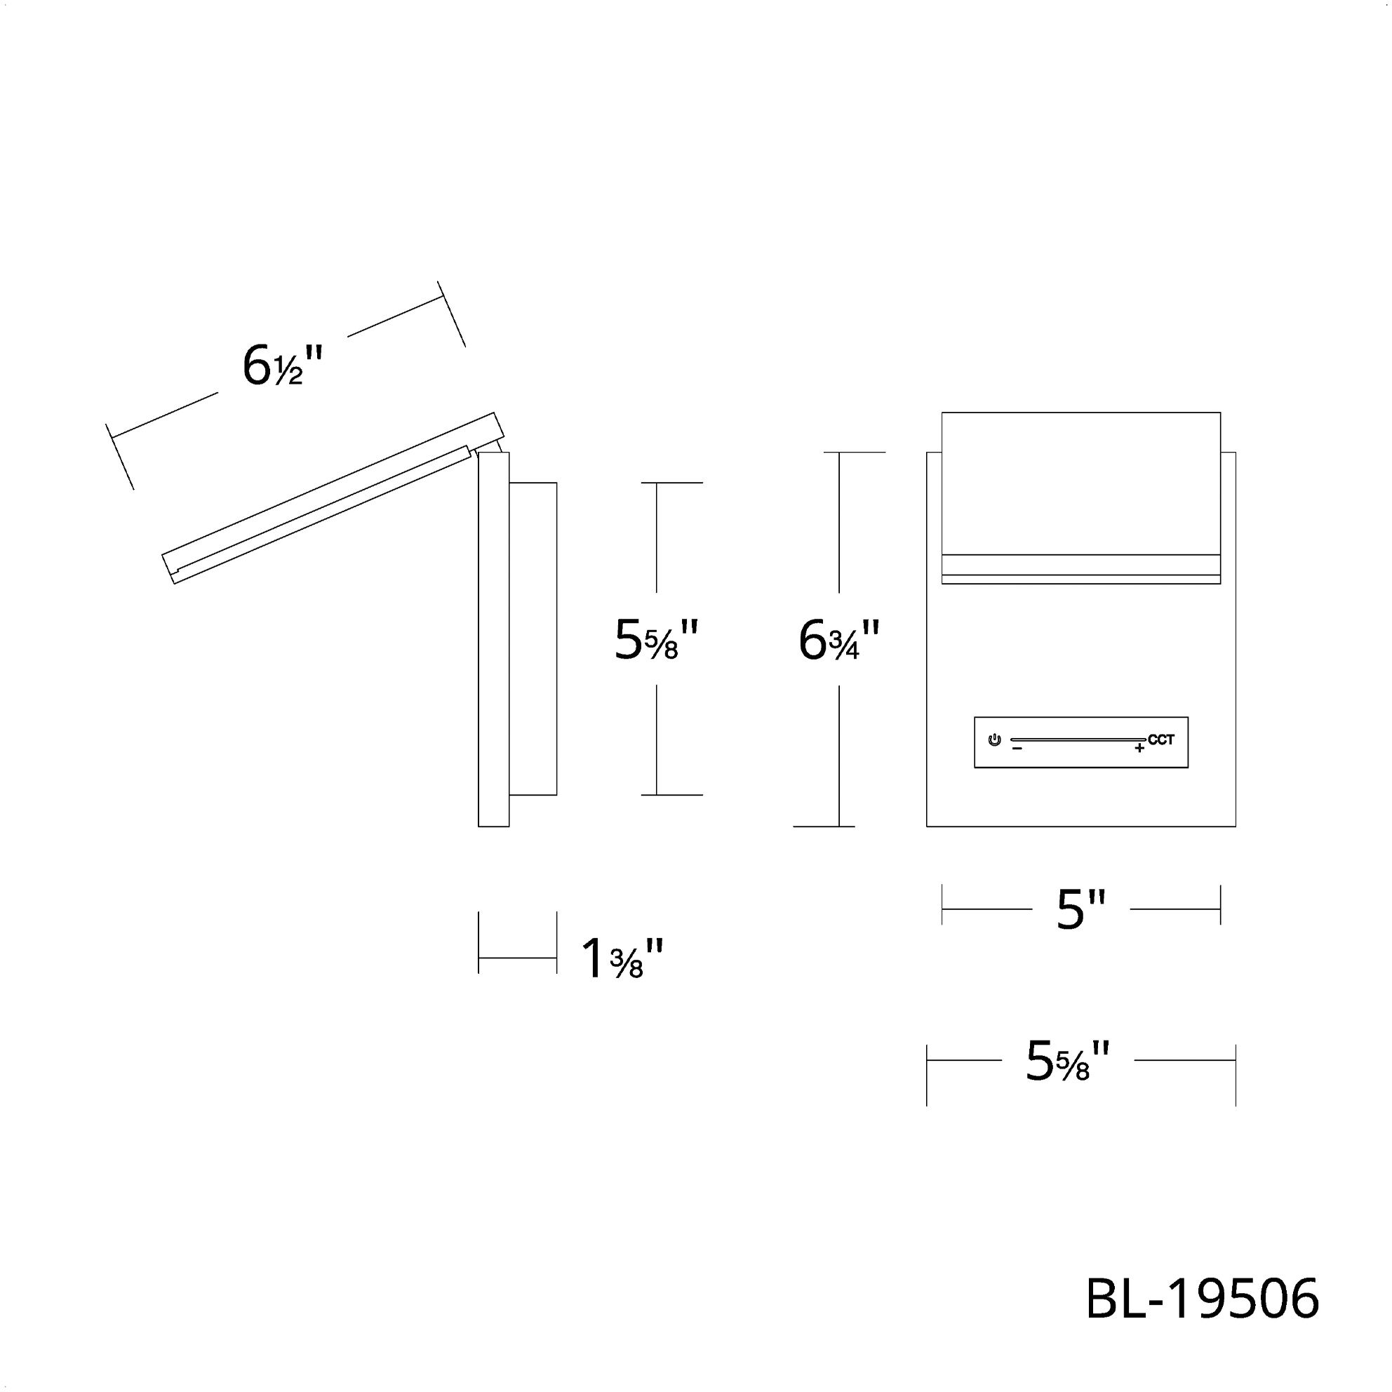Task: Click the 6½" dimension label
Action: [283, 366]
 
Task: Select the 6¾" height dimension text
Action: [838, 641]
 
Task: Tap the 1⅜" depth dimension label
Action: [621, 959]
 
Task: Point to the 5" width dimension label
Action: [1080, 909]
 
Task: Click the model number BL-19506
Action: [1202, 1299]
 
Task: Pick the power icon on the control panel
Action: [994, 740]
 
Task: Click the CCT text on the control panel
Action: [1160, 739]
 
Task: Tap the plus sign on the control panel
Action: [1139, 749]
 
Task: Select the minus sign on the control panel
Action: [1017, 749]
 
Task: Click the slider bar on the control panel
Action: [1077, 739]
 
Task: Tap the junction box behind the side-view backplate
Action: [533, 639]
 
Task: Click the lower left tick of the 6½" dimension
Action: [120, 457]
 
